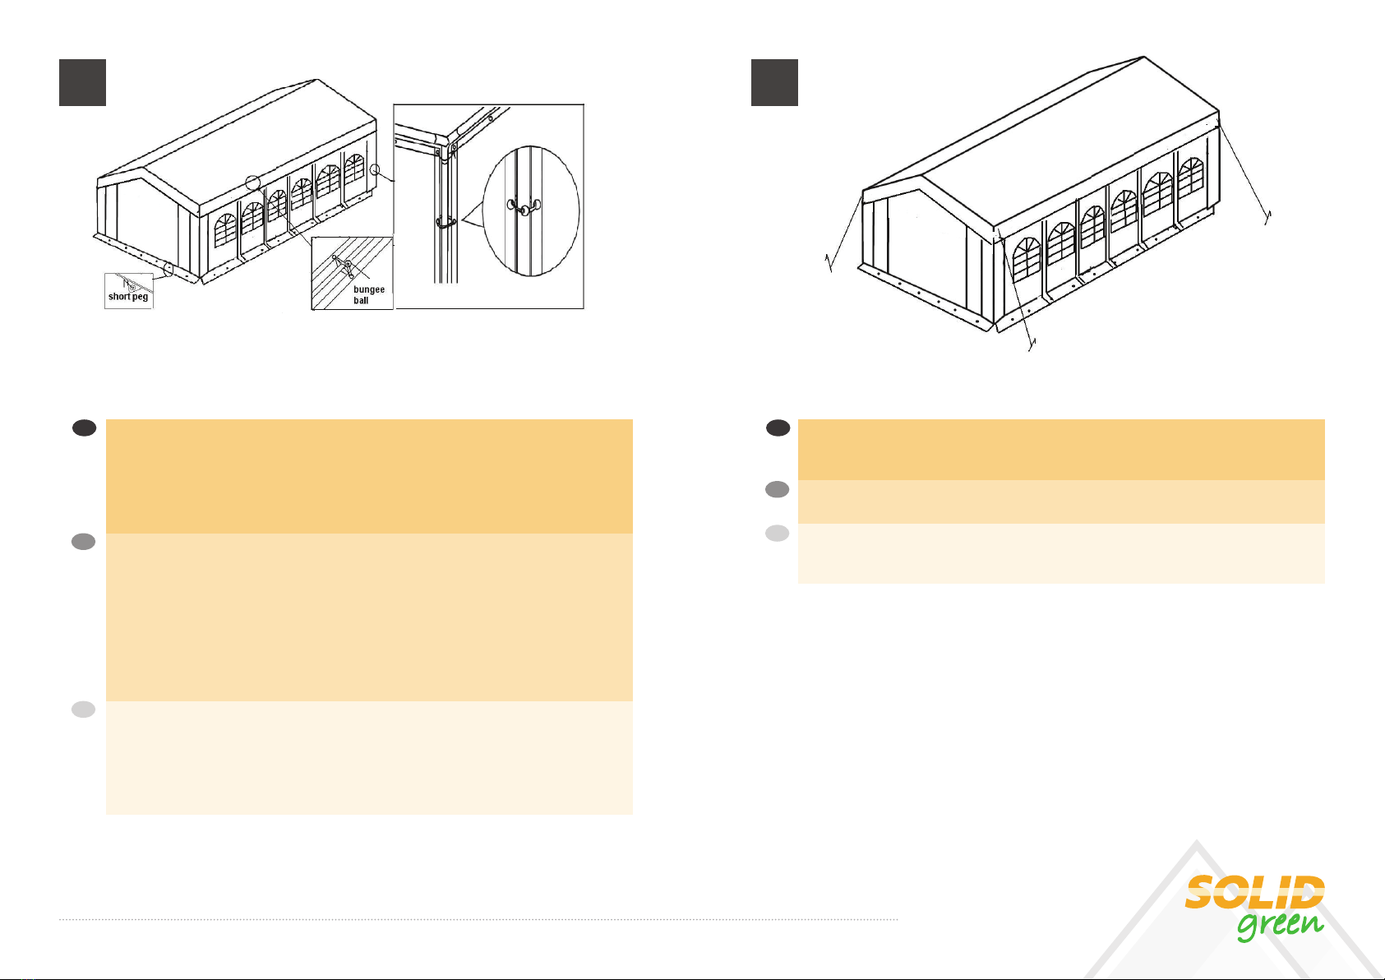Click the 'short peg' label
tap(128, 297)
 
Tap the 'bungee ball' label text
tap(368, 295)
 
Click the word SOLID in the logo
tap(1254, 892)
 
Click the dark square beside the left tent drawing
tap(82, 82)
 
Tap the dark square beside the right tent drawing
tap(774, 82)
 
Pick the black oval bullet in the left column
tap(84, 428)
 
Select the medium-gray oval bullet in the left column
tap(84, 542)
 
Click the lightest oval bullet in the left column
tap(84, 710)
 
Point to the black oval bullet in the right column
tap(778, 428)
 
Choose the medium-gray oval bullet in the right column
tap(778, 490)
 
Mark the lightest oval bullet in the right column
tap(778, 533)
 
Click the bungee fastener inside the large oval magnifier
tap(524, 206)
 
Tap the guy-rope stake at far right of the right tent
tap(1267, 217)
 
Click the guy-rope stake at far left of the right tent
tap(829, 262)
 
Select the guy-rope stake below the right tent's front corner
tap(1032, 344)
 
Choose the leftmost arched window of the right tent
tap(1027, 258)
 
